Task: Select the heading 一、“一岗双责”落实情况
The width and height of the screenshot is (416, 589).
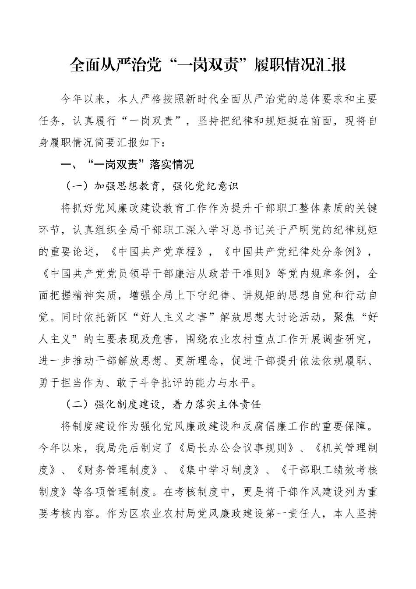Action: pyautogui.click(x=127, y=165)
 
